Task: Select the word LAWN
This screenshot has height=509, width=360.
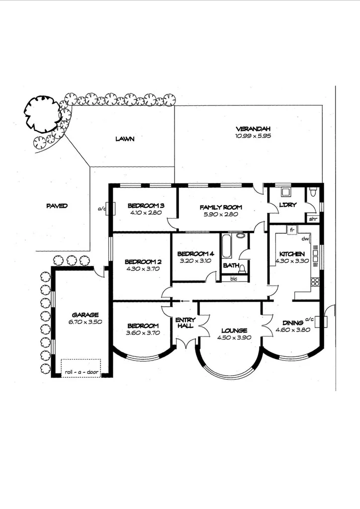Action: coord(125,139)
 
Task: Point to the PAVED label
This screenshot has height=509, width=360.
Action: coord(57,206)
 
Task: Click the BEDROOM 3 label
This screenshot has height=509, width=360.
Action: coord(146,206)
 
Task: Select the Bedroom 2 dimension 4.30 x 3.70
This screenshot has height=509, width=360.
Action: coord(143,270)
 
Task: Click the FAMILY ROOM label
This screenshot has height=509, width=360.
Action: coord(220,207)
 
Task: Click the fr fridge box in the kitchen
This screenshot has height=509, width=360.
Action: coord(291,229)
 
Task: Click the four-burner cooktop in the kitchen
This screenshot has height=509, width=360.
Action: coord(314,282)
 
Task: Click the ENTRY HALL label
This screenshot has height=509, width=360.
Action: coord(185,323)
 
